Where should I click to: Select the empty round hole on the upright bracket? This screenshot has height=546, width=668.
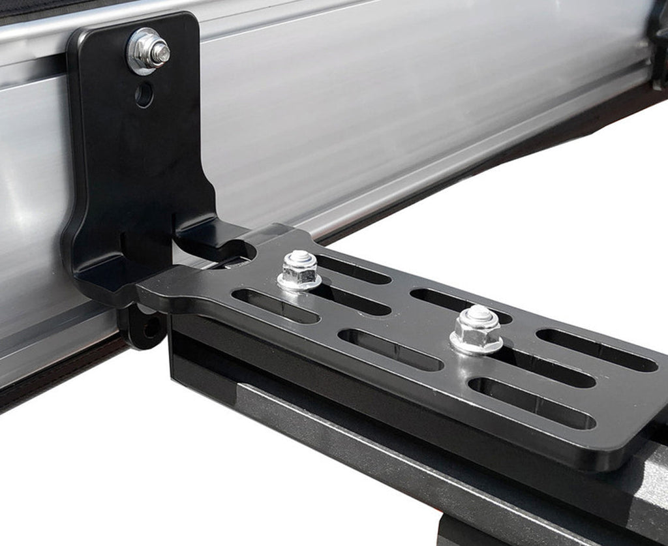(x=144, y=95)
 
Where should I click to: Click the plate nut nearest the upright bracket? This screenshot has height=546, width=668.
(x=300, y=267)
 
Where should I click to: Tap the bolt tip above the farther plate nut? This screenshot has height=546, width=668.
(x=479, y=314)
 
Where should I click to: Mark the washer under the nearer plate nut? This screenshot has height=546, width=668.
(x=299, y=282)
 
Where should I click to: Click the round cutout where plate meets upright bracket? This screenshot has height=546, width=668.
(x=241, y=251)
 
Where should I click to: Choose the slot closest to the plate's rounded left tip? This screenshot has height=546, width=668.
(x=274, y=305)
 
